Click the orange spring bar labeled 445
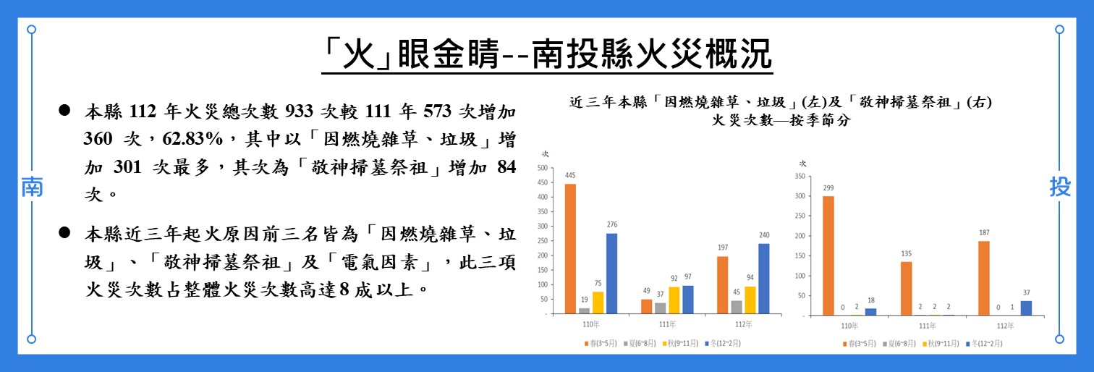tap(570, 249)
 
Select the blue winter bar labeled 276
tap(611, 274)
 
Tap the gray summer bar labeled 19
tap(584, 310)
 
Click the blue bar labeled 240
tap(763, 279)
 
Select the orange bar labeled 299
tap(828, 255)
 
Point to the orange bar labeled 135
tap(906, 288)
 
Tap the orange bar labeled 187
tap(983, 278)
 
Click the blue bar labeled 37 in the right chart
tap(1025, 308)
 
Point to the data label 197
tap(721, 248)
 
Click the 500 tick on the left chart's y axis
tap(542, 167)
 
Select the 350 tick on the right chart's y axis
tap(800, 176)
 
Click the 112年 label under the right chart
tap(1004, 325)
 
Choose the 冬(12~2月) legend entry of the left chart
tap(724, 342)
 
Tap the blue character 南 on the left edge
tap(31, 187)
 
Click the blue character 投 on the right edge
tap(1060, 187)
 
